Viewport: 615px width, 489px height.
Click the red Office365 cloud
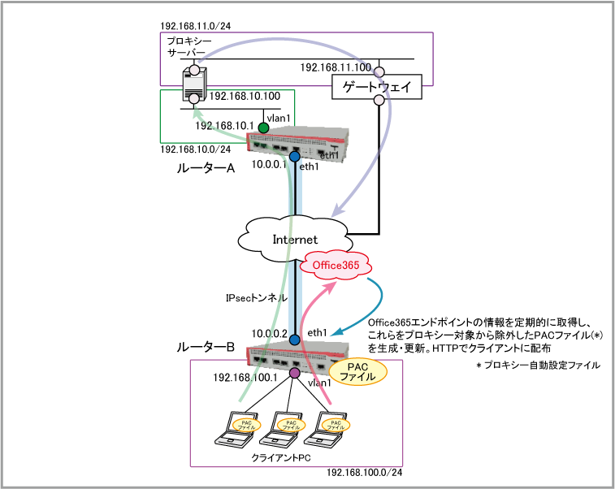[x=336, y=265]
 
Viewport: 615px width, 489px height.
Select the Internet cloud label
[x=294, y=240]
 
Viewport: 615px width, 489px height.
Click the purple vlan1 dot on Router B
[x=295, y=374]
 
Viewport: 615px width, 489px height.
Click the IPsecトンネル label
[x=256, y=298]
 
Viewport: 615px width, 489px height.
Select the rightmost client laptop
[x=331, y=430]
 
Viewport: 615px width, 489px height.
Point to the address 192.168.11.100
[x=336, y=67]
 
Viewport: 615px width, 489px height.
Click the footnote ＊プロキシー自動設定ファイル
[x=538, y=366]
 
